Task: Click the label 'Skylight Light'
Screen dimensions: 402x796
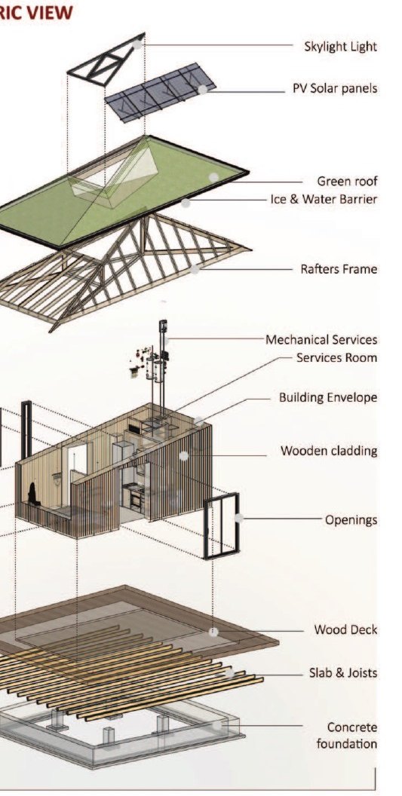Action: point(340,47)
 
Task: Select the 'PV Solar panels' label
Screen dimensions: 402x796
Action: point(335,88)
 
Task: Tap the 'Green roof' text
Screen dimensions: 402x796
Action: point(347,181)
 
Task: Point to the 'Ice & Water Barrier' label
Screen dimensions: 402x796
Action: point(324,199)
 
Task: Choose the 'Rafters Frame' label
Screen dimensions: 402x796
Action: point(339,268)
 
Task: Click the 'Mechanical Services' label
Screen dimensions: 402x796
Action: point(322,340)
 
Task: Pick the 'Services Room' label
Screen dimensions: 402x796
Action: point(337,357)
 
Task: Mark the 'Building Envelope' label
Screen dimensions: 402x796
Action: point(328,397)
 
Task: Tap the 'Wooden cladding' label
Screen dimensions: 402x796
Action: point(330,451)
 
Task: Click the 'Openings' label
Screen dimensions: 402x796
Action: point(351,520)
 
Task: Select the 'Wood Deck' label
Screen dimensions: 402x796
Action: point(345,630)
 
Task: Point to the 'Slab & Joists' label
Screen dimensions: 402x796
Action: point(344,673)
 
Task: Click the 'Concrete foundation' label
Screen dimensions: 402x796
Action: point(347,736)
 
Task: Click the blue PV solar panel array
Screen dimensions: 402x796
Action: point(160,92)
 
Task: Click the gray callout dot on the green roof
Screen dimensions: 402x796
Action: point(214,177)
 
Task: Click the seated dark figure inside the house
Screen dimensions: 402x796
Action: point(34,494)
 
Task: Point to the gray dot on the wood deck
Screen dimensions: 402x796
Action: point(214,632)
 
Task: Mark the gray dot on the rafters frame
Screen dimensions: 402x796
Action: point(195,270)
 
